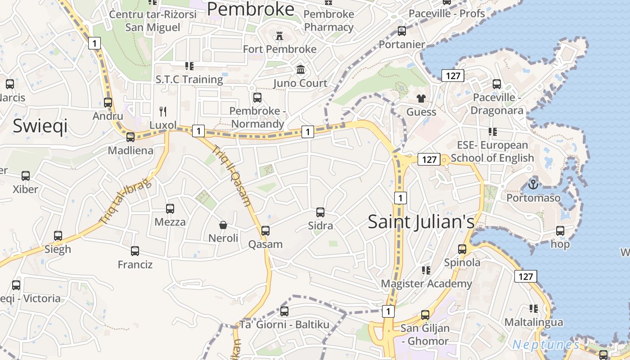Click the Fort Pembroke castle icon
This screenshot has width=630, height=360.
(279, 36)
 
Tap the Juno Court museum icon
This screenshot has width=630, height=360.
(301, 70)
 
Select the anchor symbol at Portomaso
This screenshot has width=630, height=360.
(533, 184)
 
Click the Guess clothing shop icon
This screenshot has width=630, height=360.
(421, 99)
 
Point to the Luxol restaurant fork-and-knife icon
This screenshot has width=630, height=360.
(163, 111)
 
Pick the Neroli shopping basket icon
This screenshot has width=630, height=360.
(223, 225)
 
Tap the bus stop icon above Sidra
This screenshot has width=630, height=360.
(320, 212)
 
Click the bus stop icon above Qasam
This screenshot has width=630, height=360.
(265, 231)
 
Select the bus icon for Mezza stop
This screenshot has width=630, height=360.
(170, 209)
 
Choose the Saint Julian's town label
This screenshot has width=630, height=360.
(421, 222)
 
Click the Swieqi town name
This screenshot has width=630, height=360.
(40, 126)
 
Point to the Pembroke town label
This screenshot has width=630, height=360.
(251, 9)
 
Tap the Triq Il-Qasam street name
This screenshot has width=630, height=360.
(231, 175)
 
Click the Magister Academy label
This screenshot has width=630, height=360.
(426, 283)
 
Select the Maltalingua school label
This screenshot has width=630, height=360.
(533, 322)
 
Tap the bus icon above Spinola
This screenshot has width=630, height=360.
(462, 249)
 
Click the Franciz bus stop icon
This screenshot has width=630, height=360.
(135, 251)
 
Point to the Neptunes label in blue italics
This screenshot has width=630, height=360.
(546, 345)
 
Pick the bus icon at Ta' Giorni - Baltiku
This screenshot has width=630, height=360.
(284, 311)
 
